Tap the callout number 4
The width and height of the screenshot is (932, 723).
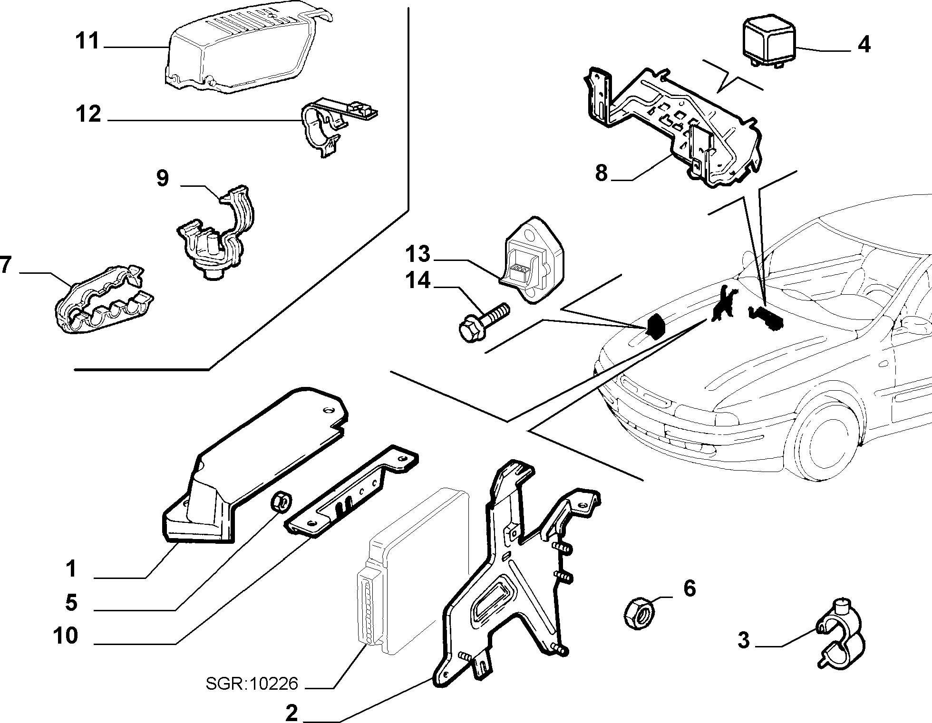(864, 44)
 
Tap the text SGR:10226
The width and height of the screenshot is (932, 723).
(252, 684)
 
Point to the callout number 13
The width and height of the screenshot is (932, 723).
(418, 254)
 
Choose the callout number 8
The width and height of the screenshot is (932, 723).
(602, 173)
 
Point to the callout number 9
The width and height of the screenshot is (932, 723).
(163, 178)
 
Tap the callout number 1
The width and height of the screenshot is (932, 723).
(71, 569)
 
